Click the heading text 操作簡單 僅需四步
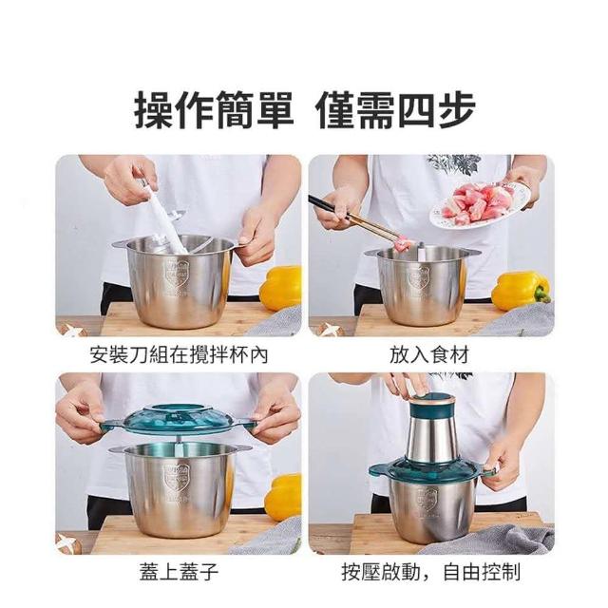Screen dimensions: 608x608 [304, 110]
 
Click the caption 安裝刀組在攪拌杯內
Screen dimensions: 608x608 [179, 354]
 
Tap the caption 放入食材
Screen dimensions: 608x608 [429, 354]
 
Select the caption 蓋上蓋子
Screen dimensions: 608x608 [180, 572]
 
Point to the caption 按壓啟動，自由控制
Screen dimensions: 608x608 [430, 572]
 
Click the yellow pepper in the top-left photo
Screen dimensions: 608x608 [281, 287]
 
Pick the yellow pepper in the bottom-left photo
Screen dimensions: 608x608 [283, 497]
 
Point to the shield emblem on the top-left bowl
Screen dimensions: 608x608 [178, 274]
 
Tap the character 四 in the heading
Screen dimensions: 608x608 [418, 110]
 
